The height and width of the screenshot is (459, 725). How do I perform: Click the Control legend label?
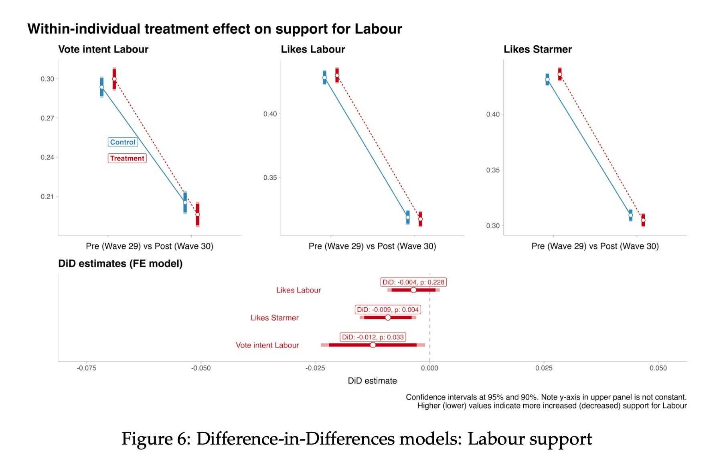click(123, 142)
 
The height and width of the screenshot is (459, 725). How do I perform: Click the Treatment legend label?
click(127, 158)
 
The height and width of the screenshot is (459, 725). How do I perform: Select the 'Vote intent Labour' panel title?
click(103, 49)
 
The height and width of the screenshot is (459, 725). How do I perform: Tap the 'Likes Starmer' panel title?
click(537, 49)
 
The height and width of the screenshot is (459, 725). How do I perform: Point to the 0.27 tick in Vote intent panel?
click(47, 118)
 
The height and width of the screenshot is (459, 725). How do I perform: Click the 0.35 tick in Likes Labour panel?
click(270, 177)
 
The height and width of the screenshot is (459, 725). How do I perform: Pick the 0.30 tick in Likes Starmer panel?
click(493, 226)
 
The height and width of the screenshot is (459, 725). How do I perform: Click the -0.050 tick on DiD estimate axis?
click(201, 368)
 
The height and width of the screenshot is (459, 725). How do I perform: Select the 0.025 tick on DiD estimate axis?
click(544, 368)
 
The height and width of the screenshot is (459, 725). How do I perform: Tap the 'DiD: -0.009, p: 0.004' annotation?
click(388, 310)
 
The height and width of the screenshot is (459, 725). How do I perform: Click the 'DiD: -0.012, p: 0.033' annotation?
click(373, 337)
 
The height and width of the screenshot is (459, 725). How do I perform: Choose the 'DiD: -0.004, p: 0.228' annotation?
click(413, 282)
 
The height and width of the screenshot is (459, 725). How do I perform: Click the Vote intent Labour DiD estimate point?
click(373, 345)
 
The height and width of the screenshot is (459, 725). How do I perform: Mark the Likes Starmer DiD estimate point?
click(388, 317)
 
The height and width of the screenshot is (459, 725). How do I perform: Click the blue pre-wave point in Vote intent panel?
click(102, 87)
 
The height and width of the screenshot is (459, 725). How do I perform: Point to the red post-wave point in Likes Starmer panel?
click(643, 220)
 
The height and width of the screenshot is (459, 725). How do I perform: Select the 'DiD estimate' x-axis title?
click(372, 381)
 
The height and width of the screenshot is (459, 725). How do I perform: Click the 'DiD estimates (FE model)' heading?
click(120, 264)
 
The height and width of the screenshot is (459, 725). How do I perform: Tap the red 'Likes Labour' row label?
click(298, 290)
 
